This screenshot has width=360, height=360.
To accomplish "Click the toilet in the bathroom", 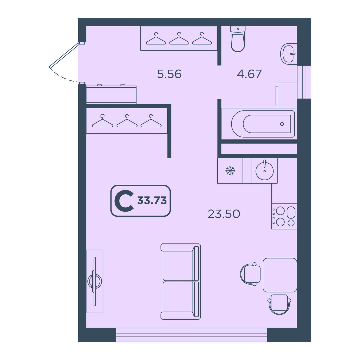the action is pos(238,39).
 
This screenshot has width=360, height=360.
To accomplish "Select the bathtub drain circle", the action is pos(282,124).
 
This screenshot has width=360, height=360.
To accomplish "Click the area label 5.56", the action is pos(169,74).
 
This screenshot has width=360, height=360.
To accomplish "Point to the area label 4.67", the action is pos(249,74).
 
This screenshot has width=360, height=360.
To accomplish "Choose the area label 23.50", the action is pos(224,214).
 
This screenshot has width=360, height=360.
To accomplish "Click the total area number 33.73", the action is pos(152,201).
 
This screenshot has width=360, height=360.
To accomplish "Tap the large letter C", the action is pos(124,201).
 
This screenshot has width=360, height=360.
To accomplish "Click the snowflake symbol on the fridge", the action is pos(230,171).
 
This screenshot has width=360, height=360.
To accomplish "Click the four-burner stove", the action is pos(284,216).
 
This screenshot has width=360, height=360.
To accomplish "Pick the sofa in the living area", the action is pos(181,281).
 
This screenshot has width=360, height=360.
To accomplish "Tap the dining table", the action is pos(280,275).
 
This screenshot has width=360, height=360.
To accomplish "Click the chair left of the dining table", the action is pos(251,274).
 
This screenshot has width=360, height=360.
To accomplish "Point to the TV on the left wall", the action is pos(95,281).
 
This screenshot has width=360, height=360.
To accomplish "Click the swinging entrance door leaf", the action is pos(65,55).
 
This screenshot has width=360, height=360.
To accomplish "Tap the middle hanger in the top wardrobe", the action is pos(179,38).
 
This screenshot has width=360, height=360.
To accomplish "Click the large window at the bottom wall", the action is pos(192,335).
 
